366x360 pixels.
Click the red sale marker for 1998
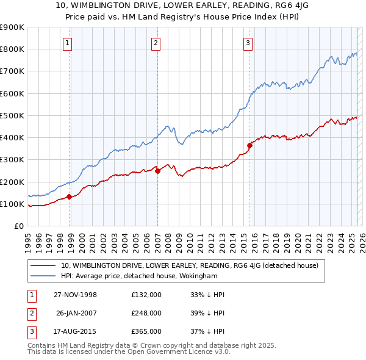pos(70,196)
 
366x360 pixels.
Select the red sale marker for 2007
pos(157,171)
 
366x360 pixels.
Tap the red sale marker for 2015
pos(249,145)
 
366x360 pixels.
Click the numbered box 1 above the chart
pos(66,43)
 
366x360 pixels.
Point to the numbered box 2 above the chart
pos(156,43)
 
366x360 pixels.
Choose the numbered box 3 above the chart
pos(248,43)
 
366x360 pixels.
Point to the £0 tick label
pos(19,226)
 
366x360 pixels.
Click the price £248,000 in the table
pos(146,313)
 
